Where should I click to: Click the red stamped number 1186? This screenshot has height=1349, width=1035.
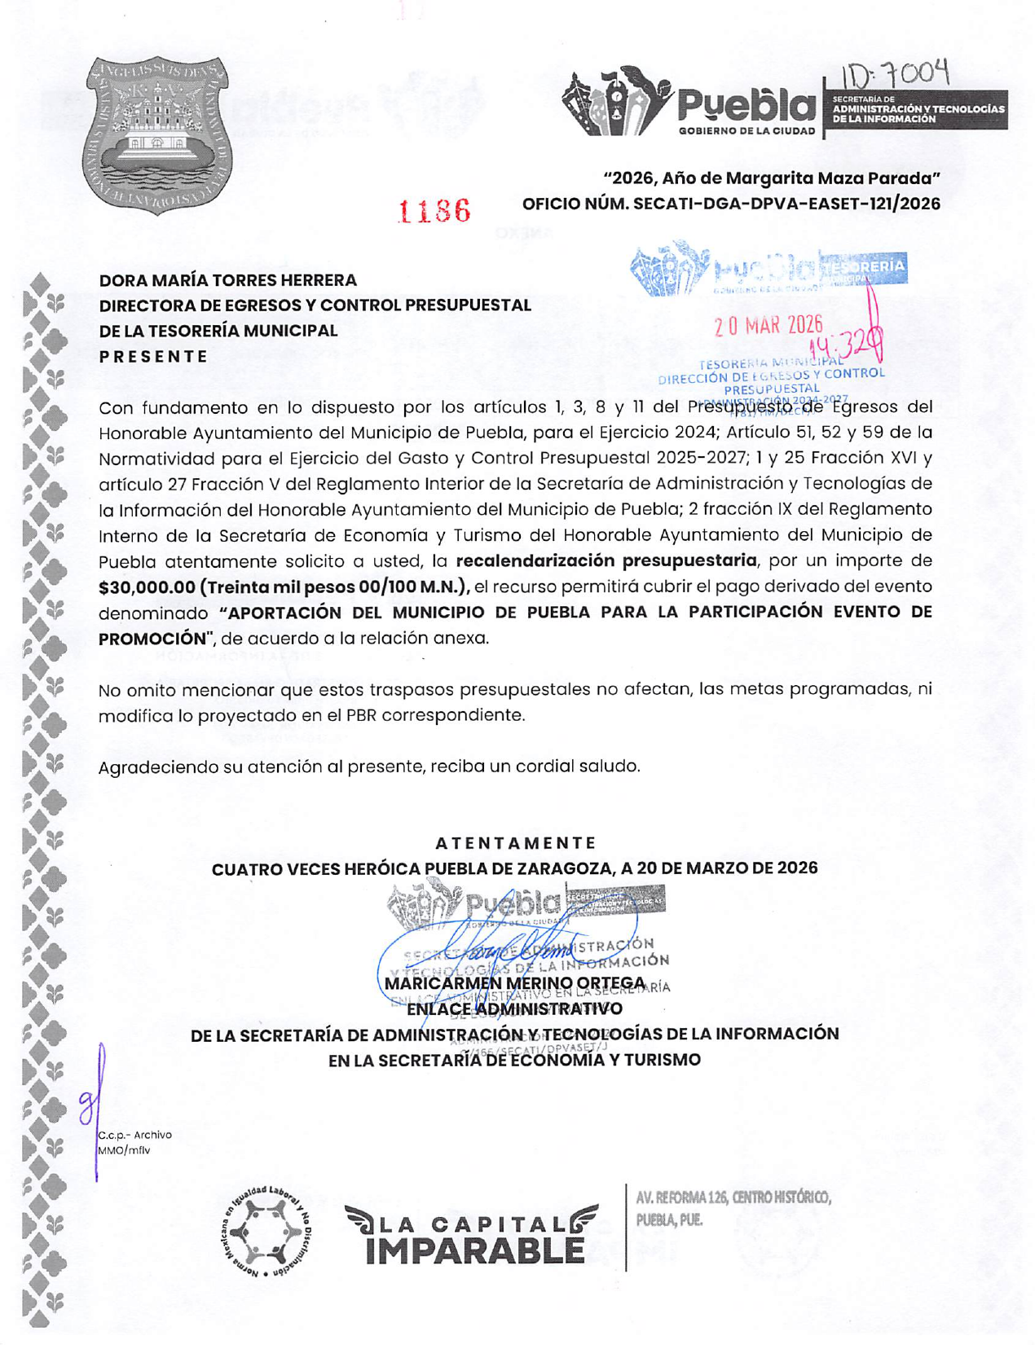pos(434,211)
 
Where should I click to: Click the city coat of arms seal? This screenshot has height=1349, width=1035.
pos(156,134)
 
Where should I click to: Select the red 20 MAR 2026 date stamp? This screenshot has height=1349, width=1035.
pos(768,326)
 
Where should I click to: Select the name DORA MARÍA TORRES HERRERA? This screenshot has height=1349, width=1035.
pos(228,280)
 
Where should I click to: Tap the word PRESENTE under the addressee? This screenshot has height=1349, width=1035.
pos(153,356)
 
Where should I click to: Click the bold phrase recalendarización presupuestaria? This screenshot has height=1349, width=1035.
pos(606,560)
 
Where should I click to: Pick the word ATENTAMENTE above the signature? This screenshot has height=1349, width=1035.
pos(516,842)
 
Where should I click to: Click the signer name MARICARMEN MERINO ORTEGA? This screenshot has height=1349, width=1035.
pos(515,983)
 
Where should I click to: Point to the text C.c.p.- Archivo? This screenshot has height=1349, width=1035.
pos(135,1135)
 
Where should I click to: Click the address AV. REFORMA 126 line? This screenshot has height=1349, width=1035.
pos(733,1197)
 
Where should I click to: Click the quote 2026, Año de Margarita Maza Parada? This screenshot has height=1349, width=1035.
pos(772,178)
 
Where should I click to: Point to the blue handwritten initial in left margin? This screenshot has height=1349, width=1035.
pos(91,1100)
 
